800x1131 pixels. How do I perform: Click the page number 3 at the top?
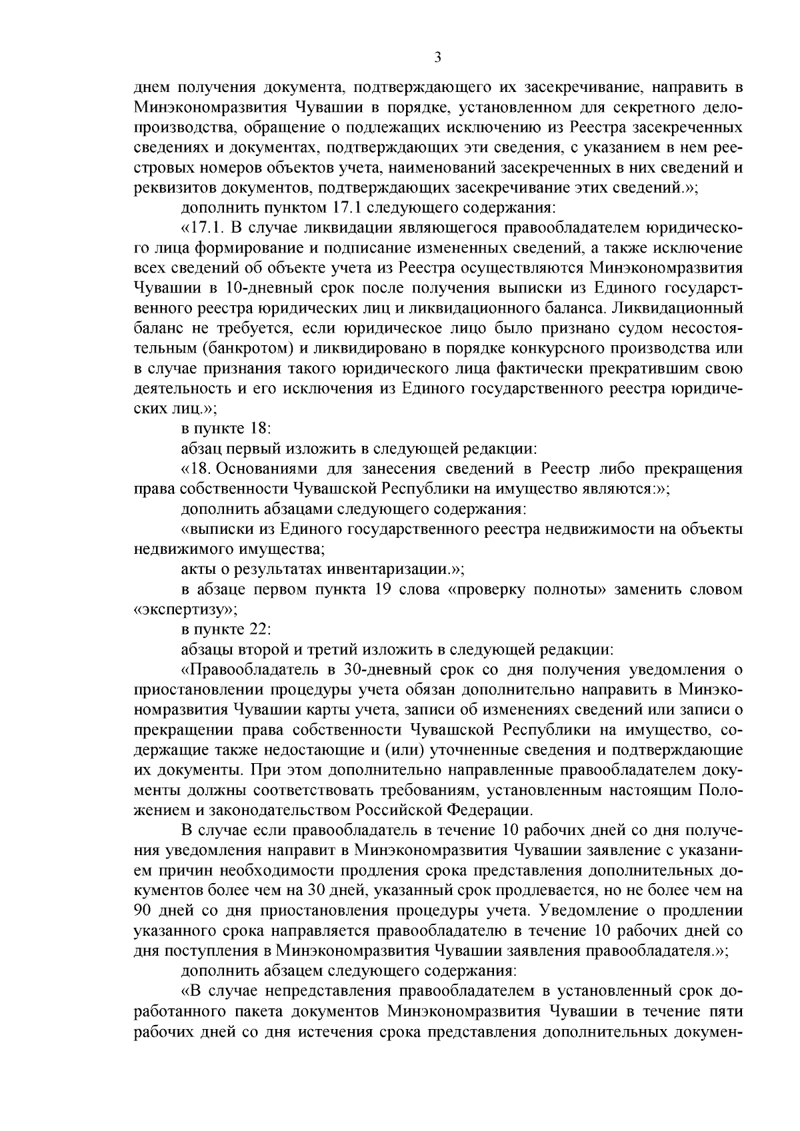(437, 58)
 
